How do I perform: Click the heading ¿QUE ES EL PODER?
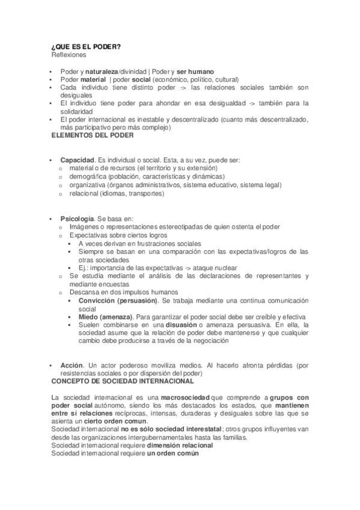[x=86, y=48]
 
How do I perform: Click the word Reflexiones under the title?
[x=69, y=55]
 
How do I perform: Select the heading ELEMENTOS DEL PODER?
[x=93, y=135]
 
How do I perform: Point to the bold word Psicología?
[x=77, y=218]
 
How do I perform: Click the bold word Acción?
[x=72, y=365]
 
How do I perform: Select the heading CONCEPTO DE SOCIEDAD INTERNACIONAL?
[x=123, y=381]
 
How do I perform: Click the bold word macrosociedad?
[x=186, y=398]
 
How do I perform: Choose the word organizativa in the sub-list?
[x=88, y=185]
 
